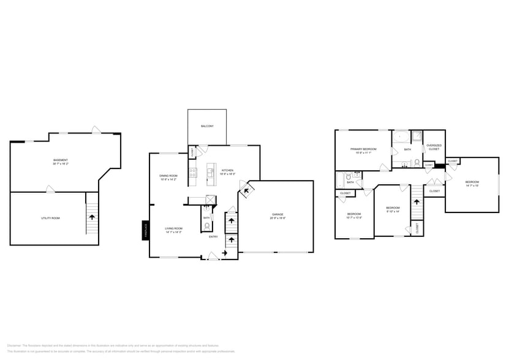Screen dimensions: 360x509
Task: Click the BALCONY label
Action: point(207,126)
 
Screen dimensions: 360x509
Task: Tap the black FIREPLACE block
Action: point(146,230)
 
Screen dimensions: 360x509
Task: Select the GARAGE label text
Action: point(277,214)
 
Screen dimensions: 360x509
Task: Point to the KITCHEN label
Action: point(227,170)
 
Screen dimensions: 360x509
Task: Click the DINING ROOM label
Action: point(168,176)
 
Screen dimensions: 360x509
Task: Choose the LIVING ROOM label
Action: point(173,228)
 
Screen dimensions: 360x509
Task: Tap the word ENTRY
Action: point(213,236)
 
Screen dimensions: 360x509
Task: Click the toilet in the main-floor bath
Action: point(206,225)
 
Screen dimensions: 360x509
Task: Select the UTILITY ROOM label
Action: point(50,218)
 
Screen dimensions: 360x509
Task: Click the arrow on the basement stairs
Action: point(92,217)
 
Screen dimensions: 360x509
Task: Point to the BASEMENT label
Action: point(60,160)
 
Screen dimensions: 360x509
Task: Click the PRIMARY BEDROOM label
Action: point(363,149)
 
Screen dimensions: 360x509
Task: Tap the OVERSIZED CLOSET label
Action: point(434,147)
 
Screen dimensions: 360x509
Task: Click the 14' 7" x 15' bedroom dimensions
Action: point(472,186)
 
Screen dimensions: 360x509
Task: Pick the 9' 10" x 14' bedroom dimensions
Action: point(392,211)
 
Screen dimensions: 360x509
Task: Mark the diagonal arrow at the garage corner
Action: point(247,191)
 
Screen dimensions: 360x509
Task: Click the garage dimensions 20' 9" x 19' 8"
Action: point(277,218)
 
